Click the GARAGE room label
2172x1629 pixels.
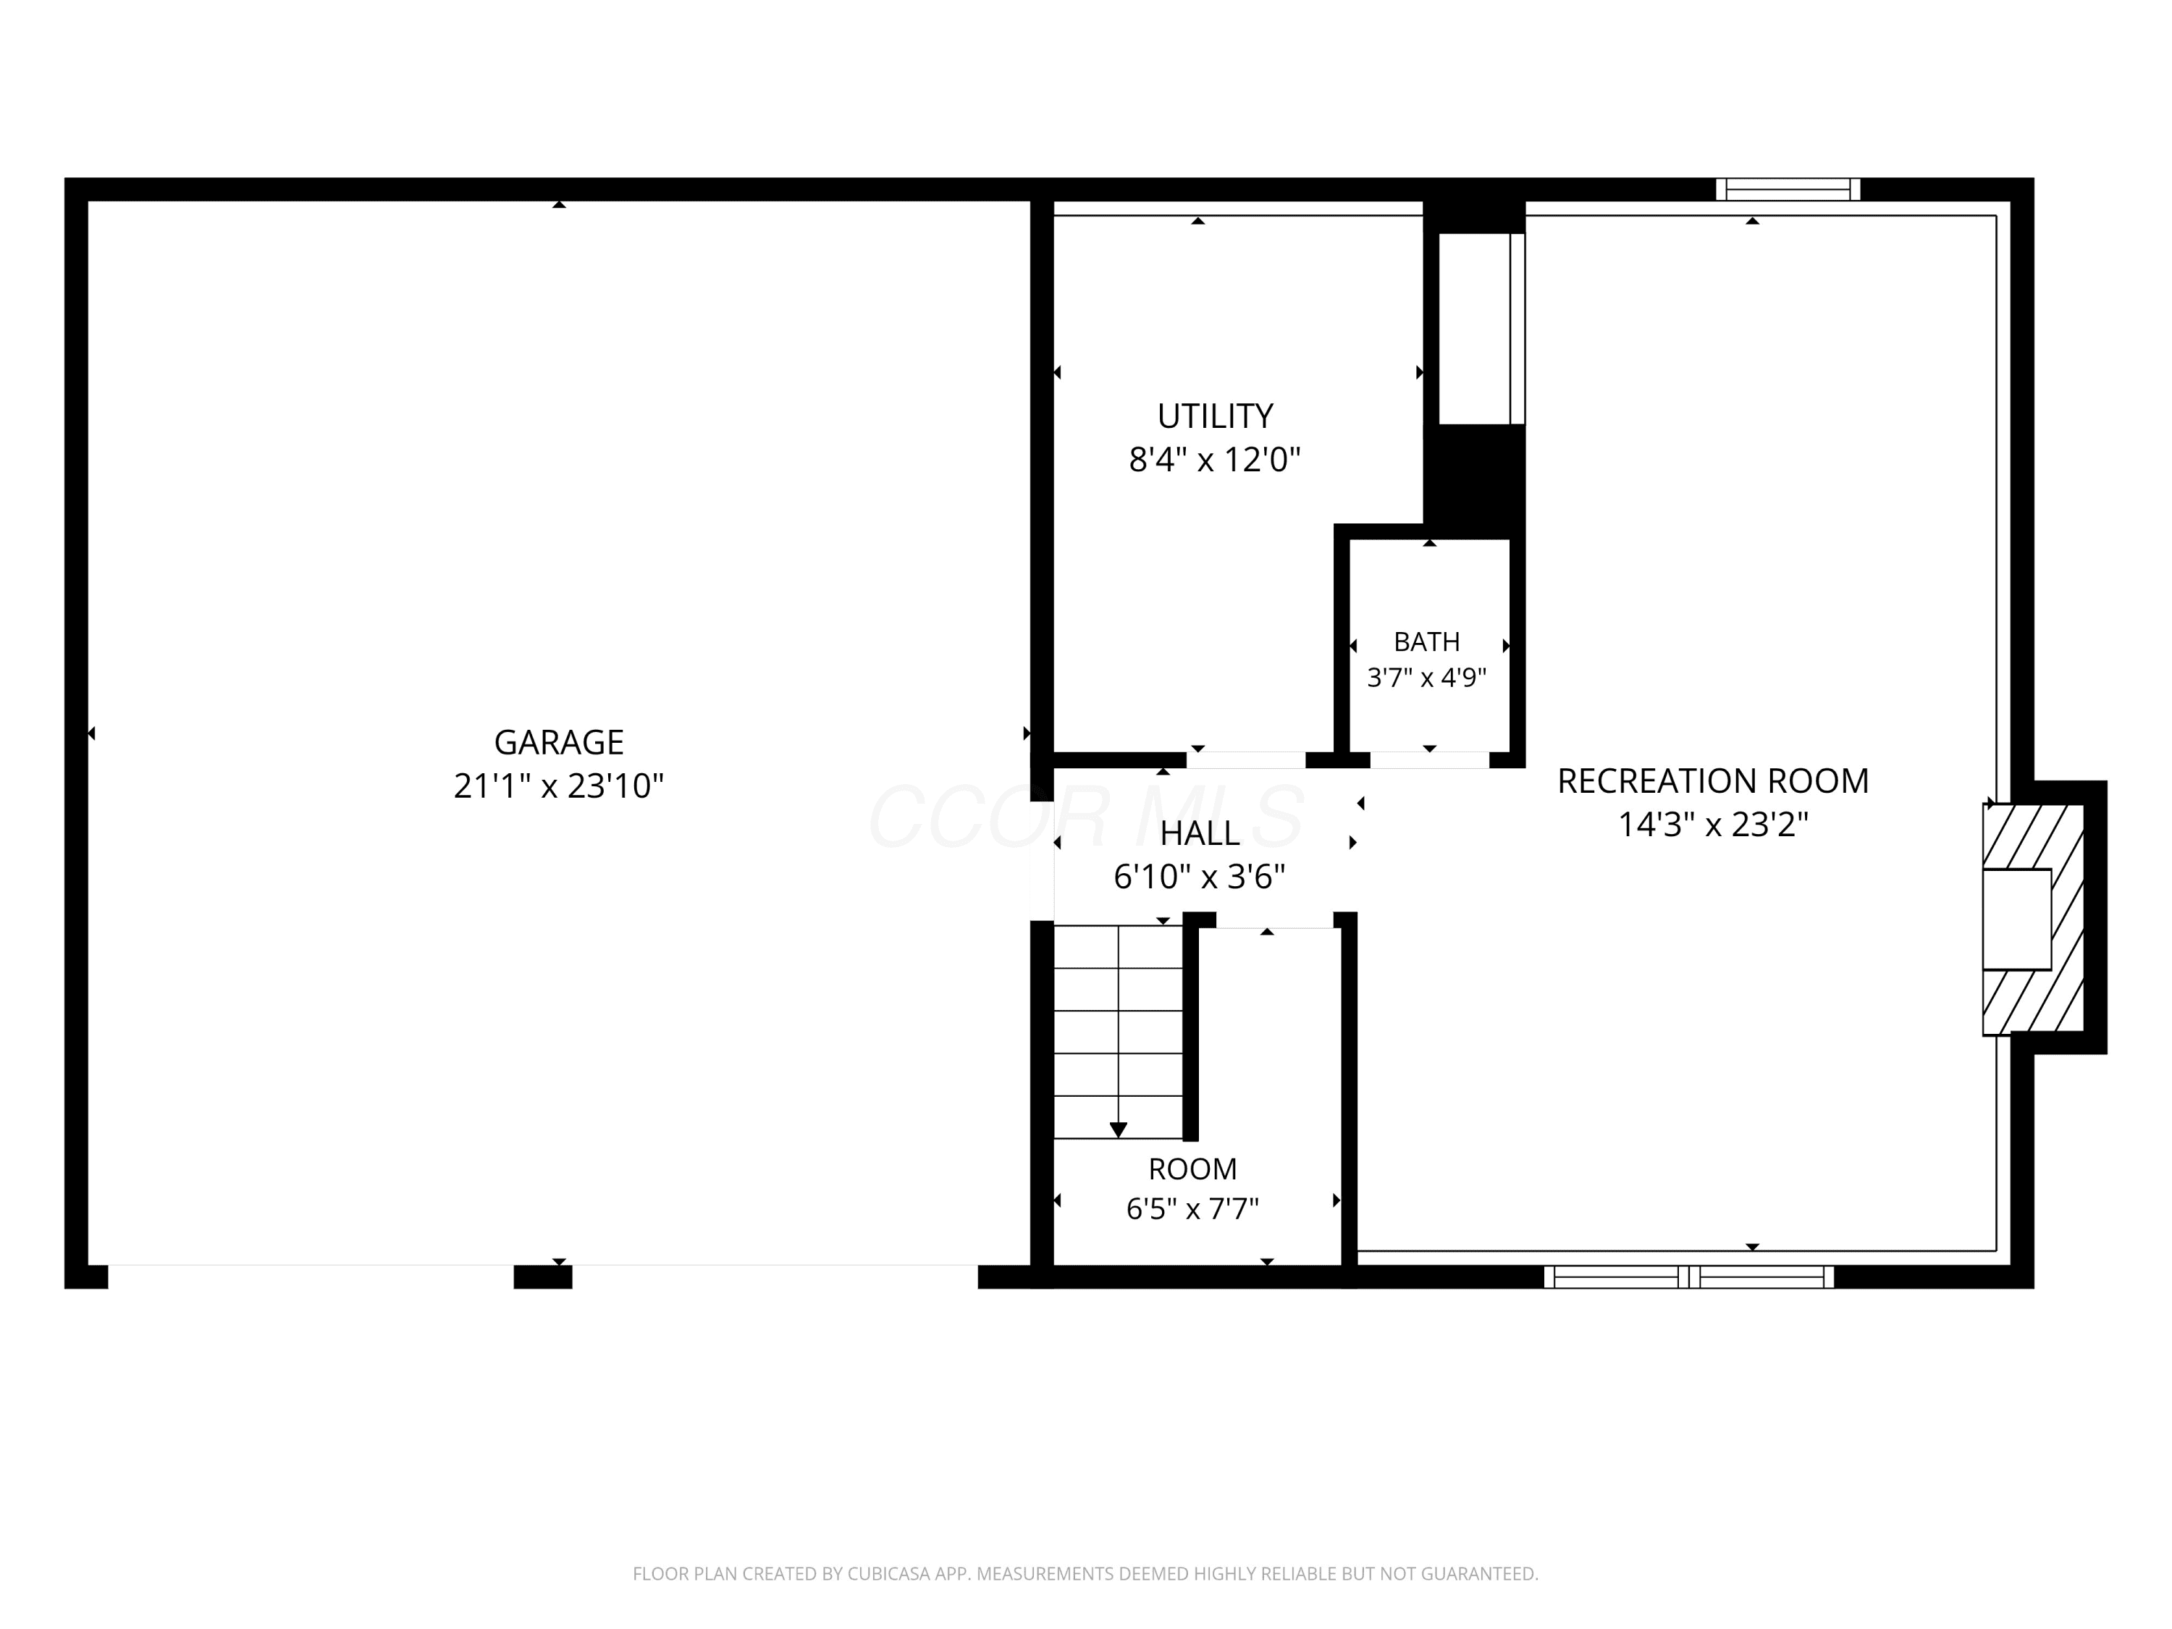point(559,742)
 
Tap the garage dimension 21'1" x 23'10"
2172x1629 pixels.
point(559,786)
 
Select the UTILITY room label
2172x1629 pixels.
point(1215,416)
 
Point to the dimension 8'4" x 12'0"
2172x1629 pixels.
point(1215,460)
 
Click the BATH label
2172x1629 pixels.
point(1427,642)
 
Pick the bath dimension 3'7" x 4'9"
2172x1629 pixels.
point(1427,678)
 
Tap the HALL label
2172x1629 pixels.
point(1200,833)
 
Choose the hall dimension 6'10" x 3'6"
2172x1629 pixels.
point(1200,877)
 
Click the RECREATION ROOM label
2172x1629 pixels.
point(1714,782)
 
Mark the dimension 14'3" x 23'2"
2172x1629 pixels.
point(1714,825)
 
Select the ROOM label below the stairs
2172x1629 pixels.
point(1193,1169)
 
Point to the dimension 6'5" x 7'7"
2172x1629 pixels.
point(1193,1209)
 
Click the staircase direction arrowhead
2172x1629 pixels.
point(1119,1130)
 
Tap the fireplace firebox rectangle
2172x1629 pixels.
point(2017,920)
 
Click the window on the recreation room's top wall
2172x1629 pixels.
point(1788,190)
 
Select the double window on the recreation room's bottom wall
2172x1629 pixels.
point(1689,1277)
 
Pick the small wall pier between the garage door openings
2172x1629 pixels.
point(543,1277)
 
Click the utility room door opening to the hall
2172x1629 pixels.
point(1246,760)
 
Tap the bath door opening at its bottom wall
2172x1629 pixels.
point(1430,760)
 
